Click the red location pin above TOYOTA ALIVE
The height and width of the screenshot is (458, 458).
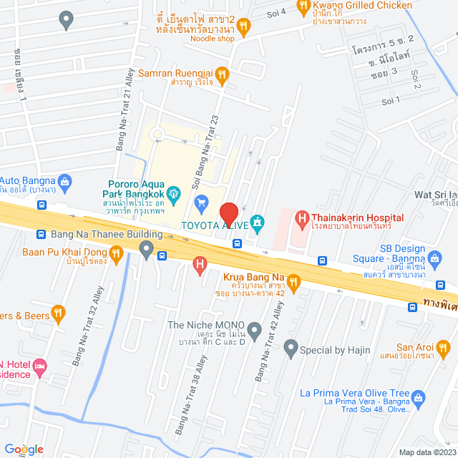click(x=228, y=214)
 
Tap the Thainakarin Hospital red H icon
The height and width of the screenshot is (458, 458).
click(x=302, y=218)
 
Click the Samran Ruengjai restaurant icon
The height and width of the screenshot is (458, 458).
click(x=223, y=73)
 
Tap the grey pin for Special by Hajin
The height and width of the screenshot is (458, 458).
click(x=291, y=349)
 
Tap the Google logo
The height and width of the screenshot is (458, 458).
click(x=24, y=449)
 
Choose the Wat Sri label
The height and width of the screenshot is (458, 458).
click(x=435, y=194)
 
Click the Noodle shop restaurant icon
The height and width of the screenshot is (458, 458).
click(x=244, y=27)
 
